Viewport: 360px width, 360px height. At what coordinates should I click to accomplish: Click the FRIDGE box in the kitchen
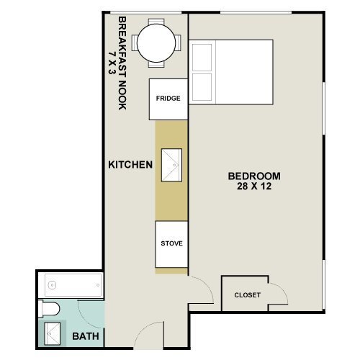[168, 99]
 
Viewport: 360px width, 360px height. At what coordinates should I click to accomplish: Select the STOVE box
[171, 243]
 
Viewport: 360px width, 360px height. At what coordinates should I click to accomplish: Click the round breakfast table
[158, 42]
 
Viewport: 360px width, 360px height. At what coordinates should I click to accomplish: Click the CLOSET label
[248, 295]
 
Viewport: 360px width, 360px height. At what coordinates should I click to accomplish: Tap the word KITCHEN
[130, 165]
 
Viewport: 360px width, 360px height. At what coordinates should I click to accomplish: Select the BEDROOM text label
[254, 176]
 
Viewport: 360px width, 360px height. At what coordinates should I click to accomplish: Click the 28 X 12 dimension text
[254, 187]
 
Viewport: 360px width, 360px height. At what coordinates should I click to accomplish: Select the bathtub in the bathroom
[71, 285]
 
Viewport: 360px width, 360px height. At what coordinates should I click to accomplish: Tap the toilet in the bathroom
[48, 310]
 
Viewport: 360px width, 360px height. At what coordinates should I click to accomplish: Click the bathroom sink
[52, 333]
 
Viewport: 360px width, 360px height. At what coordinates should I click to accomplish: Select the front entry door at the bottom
[149, 336]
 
